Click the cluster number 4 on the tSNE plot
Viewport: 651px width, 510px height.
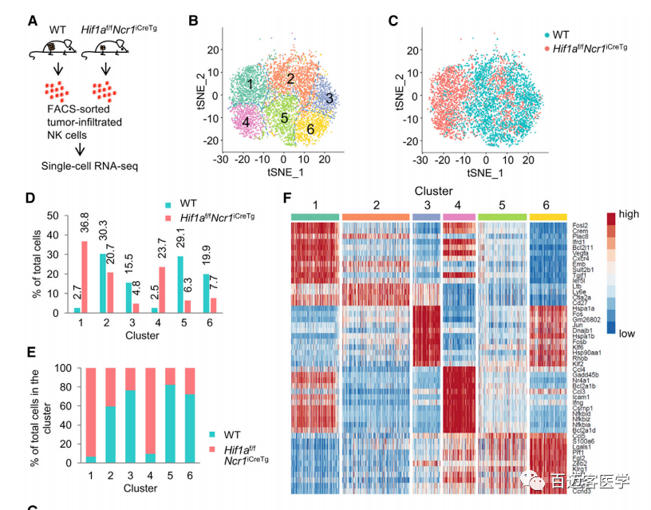click(x=247, y=122)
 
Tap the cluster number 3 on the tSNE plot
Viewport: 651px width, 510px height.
click(x=329, y=97)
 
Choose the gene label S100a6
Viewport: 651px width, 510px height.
click(x=583, y=441)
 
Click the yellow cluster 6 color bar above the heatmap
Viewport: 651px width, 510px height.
click(x=548, y=217)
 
